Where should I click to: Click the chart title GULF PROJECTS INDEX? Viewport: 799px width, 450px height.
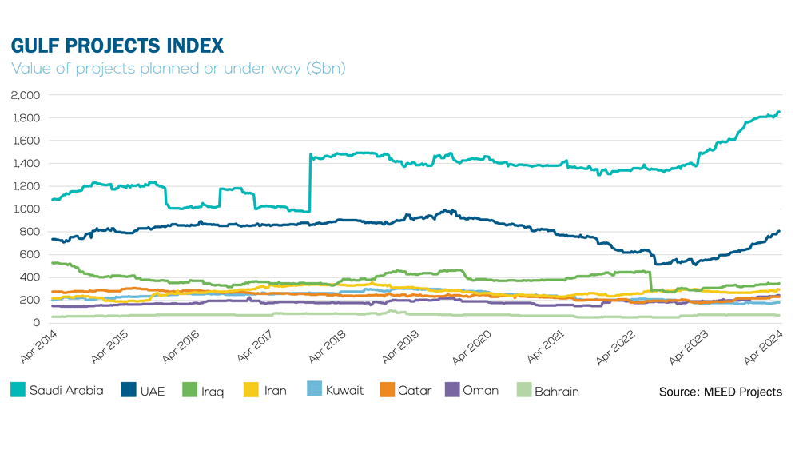pyautogui.click(x=117, y=45)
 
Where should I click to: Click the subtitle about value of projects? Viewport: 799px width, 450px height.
pyautogui.click(x=178, y=69)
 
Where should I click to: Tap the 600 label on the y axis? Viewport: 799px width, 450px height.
pyautogui.click(x=30, y=255)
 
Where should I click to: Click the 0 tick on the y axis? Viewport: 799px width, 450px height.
pyautogui.click(x=37, y=323)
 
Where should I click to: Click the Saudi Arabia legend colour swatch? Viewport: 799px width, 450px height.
pyautogui.click(x=18, y=391)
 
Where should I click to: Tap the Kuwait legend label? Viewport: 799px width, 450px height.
pyautogui.click(x=344, y=391)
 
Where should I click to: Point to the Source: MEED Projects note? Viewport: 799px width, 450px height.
pyautogui.click(x=720, y=392)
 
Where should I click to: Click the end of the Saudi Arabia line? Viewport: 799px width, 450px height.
pyautogui.click(x=779, y=113)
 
